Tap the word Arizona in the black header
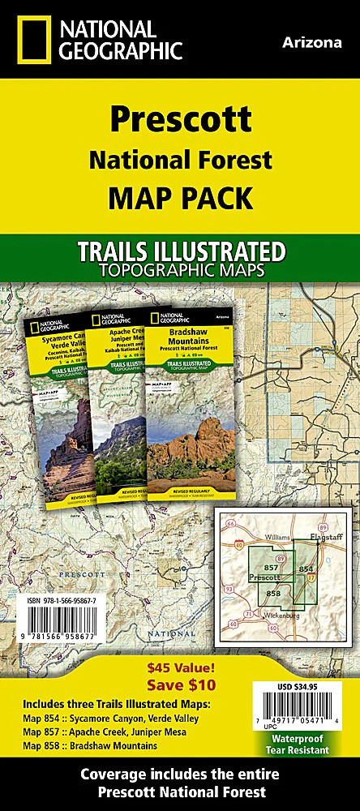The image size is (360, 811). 313,42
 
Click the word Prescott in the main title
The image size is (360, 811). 180,119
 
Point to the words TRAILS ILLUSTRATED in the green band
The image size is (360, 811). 180,250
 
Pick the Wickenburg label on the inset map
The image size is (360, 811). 285,616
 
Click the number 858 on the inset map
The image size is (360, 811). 273,594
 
